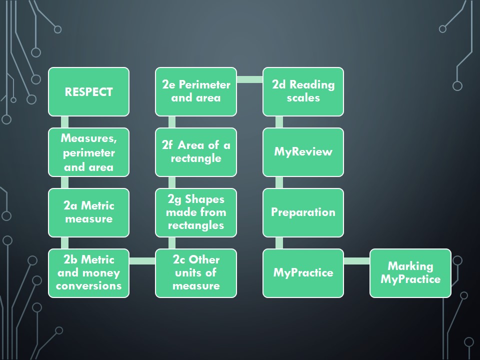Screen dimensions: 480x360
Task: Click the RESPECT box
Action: (x=89, y=92)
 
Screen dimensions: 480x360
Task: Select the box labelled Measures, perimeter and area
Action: (x=89, y=152)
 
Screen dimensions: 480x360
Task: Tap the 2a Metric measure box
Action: (x=89, y=213)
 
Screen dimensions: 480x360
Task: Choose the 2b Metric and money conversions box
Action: (x=89, y=273)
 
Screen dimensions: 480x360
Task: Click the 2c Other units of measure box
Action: (x=196, y=273)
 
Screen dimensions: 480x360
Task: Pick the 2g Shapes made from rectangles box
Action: (x=196, y=213)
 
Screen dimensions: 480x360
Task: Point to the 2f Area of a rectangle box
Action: (x=196, y=152)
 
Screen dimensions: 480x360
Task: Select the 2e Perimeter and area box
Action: (x=196, y=92)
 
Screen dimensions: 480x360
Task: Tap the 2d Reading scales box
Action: (x=303, y=92)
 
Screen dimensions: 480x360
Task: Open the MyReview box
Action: (x=303, y=152)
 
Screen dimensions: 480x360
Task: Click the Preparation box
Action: (x=303, y=213)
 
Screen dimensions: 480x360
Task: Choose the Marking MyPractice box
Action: (x=410, y=273)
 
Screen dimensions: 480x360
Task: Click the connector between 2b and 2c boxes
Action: (x=142, y=261)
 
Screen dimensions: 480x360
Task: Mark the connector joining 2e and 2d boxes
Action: (x=250, y=79)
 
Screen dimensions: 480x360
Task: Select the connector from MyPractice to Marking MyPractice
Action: (x=357, y=261)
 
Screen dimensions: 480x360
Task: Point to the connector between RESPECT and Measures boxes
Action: (x=64, y=122)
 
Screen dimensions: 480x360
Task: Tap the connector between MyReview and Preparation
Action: (x=279, y=182)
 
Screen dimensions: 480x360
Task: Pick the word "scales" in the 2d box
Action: (x=303, y=98)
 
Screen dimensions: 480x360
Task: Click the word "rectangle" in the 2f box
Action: (x=196, y=158)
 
